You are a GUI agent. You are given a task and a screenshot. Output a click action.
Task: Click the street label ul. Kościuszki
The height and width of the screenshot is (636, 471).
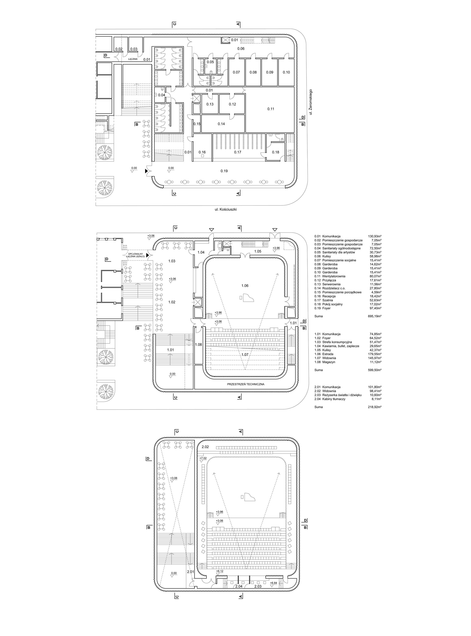point(226,209)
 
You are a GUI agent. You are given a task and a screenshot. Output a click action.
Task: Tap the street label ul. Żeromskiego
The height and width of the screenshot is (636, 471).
point(311,102)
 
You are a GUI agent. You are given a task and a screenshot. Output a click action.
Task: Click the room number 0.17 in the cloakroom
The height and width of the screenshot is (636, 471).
point(237,152)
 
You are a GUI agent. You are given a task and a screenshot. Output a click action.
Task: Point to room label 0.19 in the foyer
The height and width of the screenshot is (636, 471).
point(224,171)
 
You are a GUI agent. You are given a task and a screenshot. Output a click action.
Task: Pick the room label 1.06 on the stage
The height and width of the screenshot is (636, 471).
point(245,286)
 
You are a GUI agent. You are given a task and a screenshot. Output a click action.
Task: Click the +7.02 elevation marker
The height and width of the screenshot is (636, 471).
point(203,458)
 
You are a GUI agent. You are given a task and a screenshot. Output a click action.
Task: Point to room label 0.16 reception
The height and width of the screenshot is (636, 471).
point(202,152)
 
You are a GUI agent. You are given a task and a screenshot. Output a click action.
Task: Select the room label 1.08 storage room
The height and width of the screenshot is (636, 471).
point(198,345)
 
